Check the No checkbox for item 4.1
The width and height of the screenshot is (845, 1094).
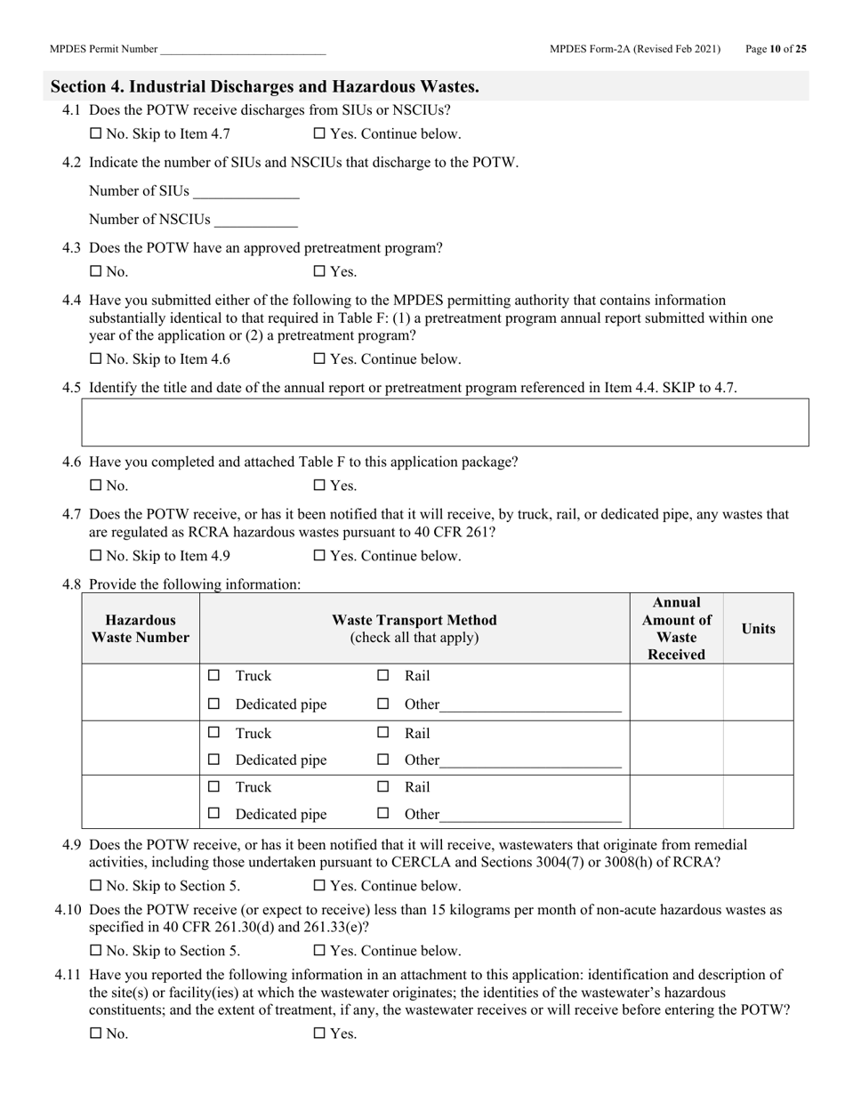[x=96, y=134]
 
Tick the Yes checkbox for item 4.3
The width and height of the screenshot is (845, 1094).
[x=319, y=272]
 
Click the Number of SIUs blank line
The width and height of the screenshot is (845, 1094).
[x=245, y=192]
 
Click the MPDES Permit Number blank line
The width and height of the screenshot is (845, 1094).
[x=243, y=51]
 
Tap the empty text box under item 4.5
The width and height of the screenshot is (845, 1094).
[x=445, y=422]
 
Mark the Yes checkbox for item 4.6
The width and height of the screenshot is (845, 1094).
[x=319, y=486]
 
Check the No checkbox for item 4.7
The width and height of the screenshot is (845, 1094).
[x=96, y=556]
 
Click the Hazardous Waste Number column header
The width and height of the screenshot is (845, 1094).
[x=141, y=629]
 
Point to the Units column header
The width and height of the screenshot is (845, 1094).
[x=758, y=629]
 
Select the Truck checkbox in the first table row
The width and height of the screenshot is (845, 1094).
[x=213, y=676]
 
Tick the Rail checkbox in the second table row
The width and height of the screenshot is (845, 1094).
[x=383, y=733]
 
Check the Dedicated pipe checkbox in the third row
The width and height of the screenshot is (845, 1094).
[x=213, y=814]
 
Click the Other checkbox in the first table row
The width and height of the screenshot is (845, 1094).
[x=383, y=704]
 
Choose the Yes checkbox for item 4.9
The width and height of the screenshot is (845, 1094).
[x=319, y=886]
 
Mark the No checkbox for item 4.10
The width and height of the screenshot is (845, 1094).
[x=96, y=950]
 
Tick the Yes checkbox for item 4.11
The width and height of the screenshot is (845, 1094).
[x=319, y=1034]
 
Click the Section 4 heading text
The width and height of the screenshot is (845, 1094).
[x=265, y=86]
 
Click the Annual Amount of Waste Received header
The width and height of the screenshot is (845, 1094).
[x=676, y=629]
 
